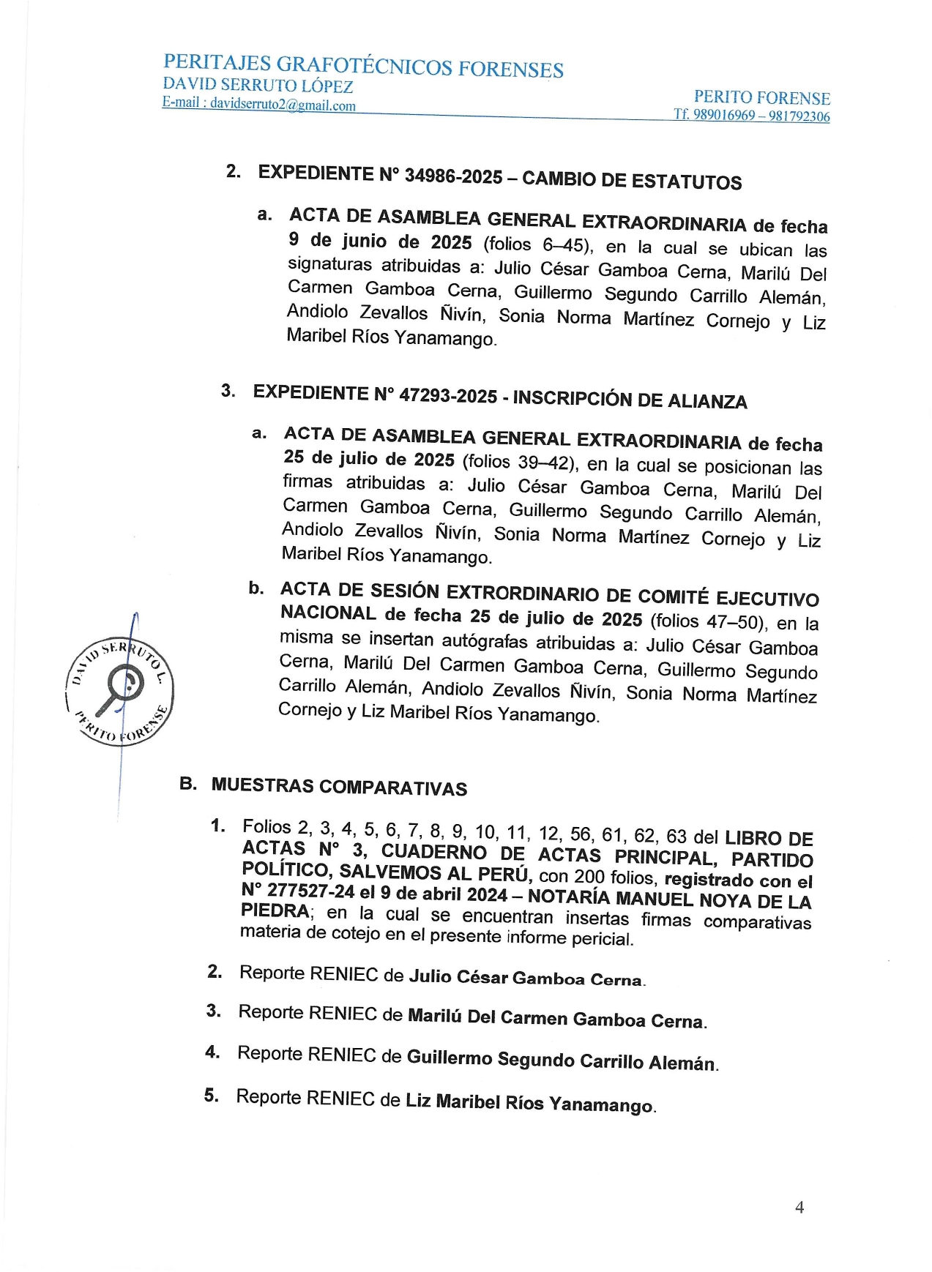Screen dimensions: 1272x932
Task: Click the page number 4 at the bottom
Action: tap(799, 1207)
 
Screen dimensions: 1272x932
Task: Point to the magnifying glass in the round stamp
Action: tap(123, 688)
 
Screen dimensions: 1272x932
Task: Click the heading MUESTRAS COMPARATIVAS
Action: tap(339, 787)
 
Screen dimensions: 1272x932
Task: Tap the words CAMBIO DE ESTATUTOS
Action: tap(632, 180)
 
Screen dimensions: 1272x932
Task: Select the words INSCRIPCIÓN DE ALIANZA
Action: tap(630, 400)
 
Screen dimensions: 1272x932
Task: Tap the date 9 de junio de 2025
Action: tap(380, 241)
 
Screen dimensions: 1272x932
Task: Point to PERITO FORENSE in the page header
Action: tap(761, 97)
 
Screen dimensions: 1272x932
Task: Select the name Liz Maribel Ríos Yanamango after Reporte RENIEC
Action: tap(529, 1102)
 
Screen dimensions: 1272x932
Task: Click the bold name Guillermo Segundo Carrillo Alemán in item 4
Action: tap(562, 1060)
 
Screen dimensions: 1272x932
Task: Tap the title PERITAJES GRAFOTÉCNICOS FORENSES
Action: tap(363, 66)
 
